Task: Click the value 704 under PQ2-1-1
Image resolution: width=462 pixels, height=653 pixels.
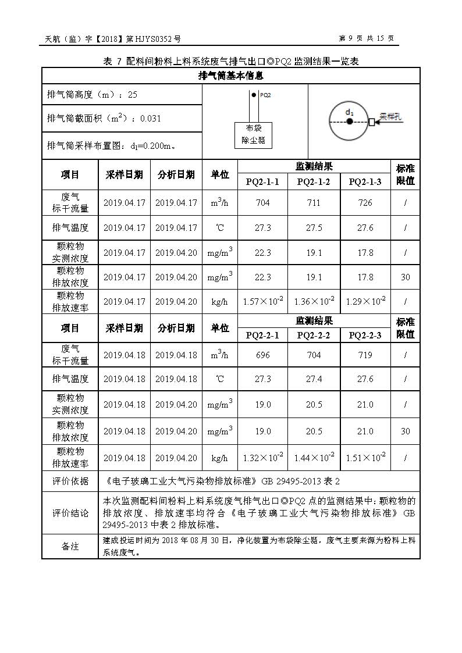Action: point(262,203)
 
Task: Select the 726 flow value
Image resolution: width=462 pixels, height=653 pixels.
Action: point(365,203)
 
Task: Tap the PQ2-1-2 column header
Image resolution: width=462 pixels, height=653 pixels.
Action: point(314,182)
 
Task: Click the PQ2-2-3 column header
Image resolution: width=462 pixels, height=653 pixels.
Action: point(365,336)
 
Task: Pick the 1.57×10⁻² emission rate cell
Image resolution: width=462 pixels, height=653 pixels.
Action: point(262,301)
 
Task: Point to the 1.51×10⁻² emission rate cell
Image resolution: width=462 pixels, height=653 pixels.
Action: point(365,458)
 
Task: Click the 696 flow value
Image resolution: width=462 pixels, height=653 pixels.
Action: point(262,355)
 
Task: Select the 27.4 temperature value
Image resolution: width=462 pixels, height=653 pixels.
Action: point(314,379)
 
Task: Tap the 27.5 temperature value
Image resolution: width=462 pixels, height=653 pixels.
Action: point(314,227)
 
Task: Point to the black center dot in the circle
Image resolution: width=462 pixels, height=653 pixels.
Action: point(349,122)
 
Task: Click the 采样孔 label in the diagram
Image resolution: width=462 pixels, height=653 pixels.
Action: point(391,116)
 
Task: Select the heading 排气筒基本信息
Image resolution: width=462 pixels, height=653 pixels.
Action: point(231,76)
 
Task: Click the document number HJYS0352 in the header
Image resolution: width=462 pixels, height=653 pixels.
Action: point(155,39)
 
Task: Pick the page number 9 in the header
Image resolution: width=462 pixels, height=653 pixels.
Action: point(351,39)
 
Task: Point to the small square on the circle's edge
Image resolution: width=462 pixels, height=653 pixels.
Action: point(371,122)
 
